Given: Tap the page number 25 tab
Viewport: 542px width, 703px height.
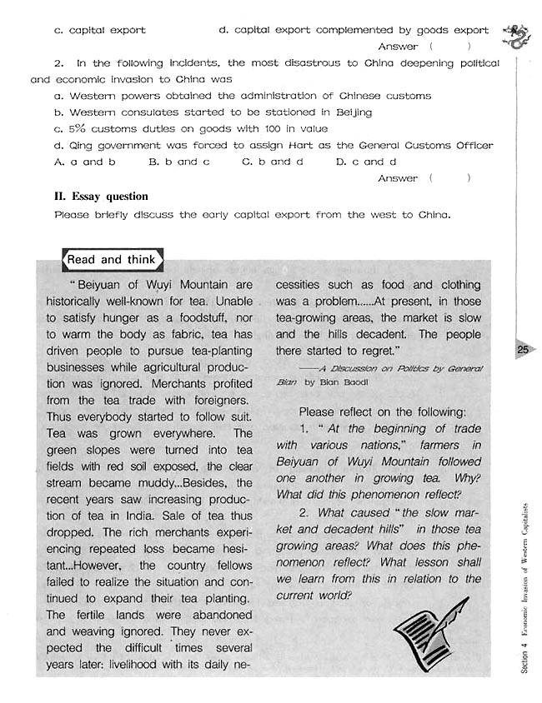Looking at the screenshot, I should click(x=523, y=350).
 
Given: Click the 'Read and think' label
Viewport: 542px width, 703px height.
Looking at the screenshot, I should click(x=110, y=260).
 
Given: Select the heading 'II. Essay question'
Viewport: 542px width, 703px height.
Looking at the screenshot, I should click(x=100, y=197).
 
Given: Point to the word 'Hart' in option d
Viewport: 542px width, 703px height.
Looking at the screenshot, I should click(x=299, y=146).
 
